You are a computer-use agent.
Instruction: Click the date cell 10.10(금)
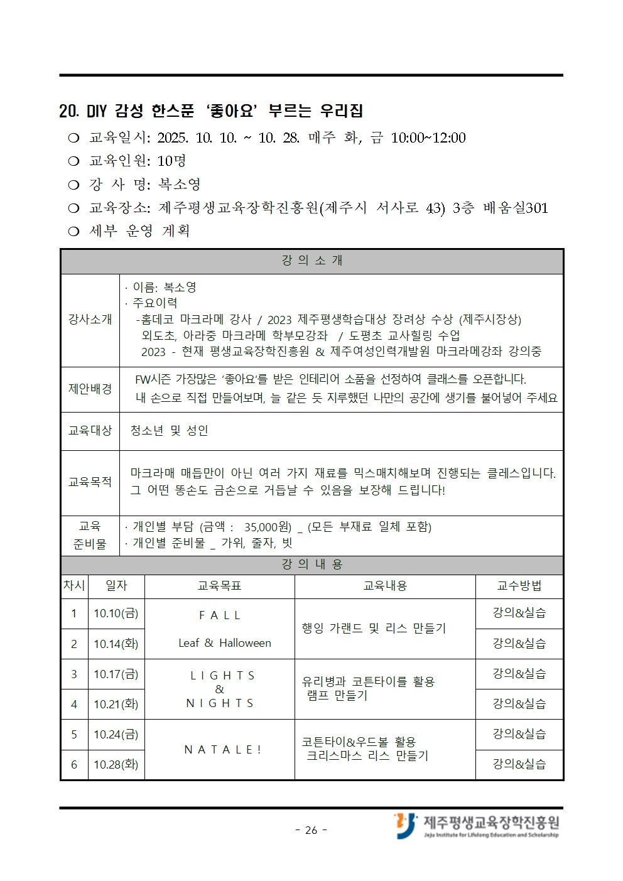116,613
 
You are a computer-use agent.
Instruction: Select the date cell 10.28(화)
116,764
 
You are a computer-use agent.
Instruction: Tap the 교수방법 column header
519,586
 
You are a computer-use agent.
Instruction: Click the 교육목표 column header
219,586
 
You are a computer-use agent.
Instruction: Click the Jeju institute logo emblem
406,825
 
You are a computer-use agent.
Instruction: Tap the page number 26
311,830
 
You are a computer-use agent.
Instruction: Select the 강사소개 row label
90,320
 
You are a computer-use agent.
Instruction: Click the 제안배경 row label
90,389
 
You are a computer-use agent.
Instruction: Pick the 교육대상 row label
90,431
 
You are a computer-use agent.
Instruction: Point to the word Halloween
245,643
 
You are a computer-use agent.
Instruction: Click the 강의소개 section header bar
312,261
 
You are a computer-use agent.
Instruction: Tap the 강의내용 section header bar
312,565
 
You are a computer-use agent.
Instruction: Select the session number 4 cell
74,705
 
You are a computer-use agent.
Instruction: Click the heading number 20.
68,112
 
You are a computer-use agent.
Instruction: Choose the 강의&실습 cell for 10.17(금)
519,674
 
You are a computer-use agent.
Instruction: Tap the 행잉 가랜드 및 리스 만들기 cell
374,629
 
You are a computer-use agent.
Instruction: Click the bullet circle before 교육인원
73,161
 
